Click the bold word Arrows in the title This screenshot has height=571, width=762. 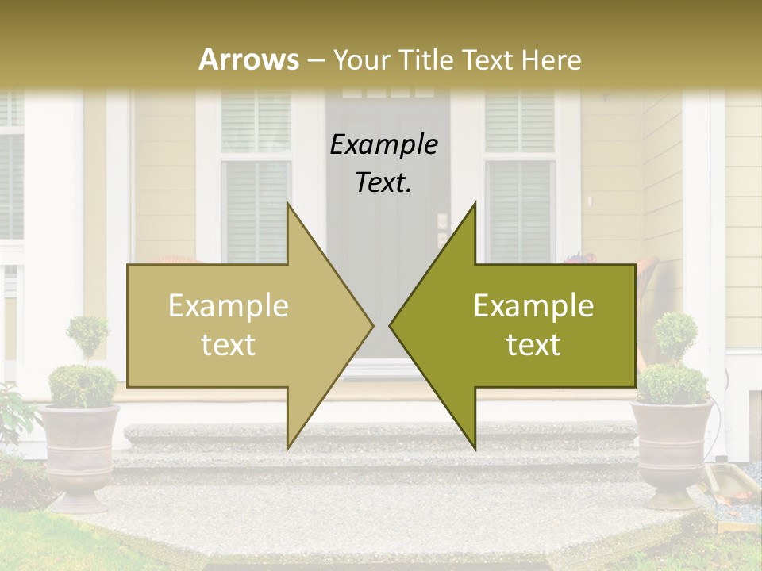point(248,59)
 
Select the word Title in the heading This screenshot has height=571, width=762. point(425,59)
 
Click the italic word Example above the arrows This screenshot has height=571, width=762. point(383,145)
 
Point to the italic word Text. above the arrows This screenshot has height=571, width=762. point(383,183)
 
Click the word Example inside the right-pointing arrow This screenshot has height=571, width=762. point(229,306)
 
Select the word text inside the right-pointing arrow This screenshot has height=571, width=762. point(229,345)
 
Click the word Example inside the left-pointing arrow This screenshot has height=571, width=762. point(533,306)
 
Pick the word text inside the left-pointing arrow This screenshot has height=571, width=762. point(533,345)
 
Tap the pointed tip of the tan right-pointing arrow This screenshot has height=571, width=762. point(371,325)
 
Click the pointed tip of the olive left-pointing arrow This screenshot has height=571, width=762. point(391,325)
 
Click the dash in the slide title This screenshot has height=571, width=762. point(316,60)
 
